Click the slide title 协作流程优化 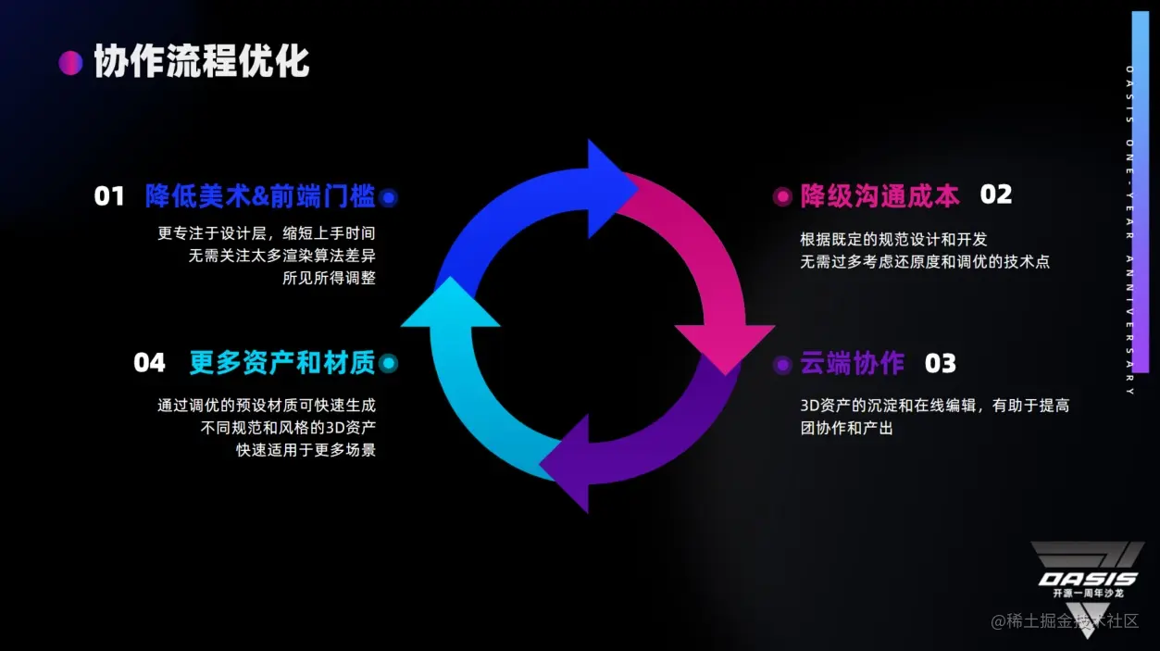(202, 62)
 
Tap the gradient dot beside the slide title (70, 62)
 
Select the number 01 (109, 196)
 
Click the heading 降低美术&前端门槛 (260, 196)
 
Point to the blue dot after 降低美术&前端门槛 (389, 196)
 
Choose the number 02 (996, 194)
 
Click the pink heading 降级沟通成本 (879, 195)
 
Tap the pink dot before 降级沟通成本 (782, 195)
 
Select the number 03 (940, 364)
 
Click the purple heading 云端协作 (852, 364)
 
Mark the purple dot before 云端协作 (782, 364)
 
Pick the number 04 (149, 363)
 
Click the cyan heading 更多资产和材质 (282, 363)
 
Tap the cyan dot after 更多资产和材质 (389, 363)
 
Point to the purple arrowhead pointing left (567, 463)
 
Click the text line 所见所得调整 (329, 278)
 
